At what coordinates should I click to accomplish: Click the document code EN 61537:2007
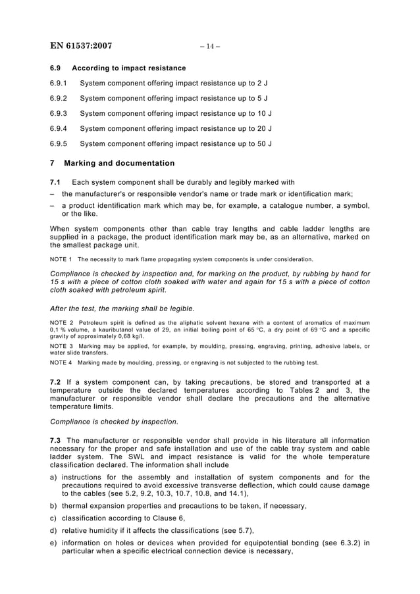click(81, 46)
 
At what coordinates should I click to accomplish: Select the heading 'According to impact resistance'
click(128, 68)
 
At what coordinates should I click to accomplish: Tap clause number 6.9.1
click(59, 84)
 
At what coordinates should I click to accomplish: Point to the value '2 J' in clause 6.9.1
click(261, 84)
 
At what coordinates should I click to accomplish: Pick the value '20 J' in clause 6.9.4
click(263, 128)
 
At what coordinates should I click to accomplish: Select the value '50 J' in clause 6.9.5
click(263, 143)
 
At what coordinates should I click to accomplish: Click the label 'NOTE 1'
click(61, 259)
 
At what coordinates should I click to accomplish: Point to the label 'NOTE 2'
click(61, 322)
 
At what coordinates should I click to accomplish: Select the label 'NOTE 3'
click(61, 346)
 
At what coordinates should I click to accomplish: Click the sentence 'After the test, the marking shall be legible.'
click(122, 309)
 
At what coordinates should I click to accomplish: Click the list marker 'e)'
click(53, 543)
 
